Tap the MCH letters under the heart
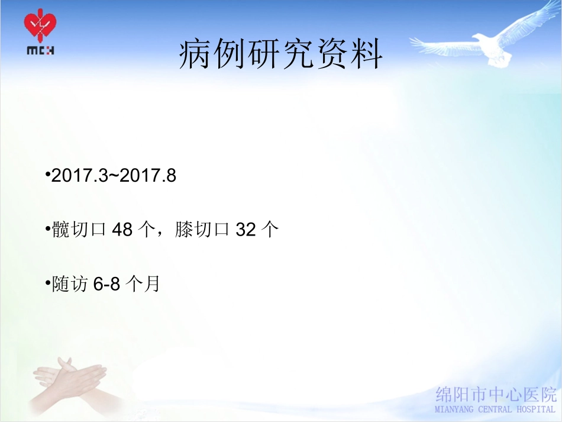pyautogui.click(x=41, y=51)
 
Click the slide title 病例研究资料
pyautogui.click(x=281, y=56)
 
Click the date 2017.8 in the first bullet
pyautogui.click(x=148, y=176)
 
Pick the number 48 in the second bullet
pyautogui.click(x=122, y=230)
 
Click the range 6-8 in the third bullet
pyautogui.click(x=107, y=284)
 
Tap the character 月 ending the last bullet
pyautogui.click(x=152, y=284)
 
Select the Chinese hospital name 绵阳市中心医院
pyautogui.click(x=496, y=395)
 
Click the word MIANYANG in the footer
pyautogui.click(x=457, y=409)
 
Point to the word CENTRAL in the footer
pyautogui.click(x=496, y=409)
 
